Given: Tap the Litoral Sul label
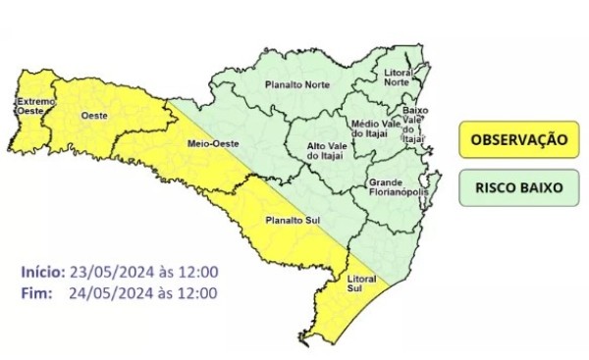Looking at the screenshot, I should point(362,284).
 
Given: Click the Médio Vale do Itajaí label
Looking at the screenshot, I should point(371,130).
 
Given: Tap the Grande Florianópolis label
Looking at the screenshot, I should point(395,189).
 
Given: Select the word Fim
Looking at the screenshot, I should point(33,292).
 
